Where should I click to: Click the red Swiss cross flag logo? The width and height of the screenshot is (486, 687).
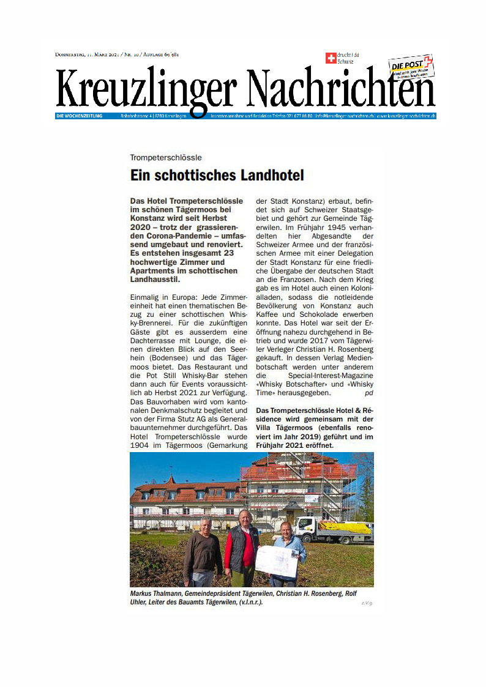tap(331, 58)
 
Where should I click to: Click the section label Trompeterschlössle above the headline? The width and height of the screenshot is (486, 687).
tap(166, 157)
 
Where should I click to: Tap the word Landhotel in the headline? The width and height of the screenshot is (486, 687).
tap(271, 176)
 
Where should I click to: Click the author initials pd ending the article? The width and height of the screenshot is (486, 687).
tap(368, 393)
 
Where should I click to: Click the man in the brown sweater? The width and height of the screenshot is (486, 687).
tap(203, 551)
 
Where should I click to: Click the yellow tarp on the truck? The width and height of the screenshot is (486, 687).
tap(345, 527)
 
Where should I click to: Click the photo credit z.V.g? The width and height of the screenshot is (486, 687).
tap(367, 603)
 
